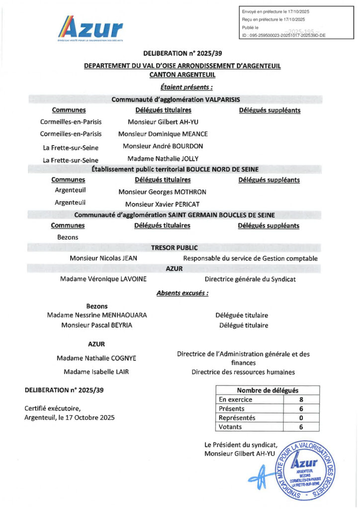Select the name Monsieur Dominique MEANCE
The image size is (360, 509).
tap(163, 134)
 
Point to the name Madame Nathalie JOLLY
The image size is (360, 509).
tap(163, 159)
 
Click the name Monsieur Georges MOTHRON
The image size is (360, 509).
tap(162, 192)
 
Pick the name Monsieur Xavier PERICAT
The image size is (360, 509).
tap(162, 204)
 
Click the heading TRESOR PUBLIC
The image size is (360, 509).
tap(175, 248)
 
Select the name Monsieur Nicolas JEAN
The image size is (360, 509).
tap(103, 258)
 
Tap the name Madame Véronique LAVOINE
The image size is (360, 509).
tap(103, 279)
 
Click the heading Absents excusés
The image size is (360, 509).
tap(182, 293)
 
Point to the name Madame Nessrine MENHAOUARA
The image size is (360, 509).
tap(97, 315)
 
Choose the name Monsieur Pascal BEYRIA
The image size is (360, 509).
tap(97, 326)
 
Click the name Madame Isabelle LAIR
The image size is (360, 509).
tap(96, 372)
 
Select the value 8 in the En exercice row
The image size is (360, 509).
tap(301, 399)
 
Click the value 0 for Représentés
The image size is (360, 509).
tap(301, 418)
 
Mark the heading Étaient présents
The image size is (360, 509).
tap(183, 87)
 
